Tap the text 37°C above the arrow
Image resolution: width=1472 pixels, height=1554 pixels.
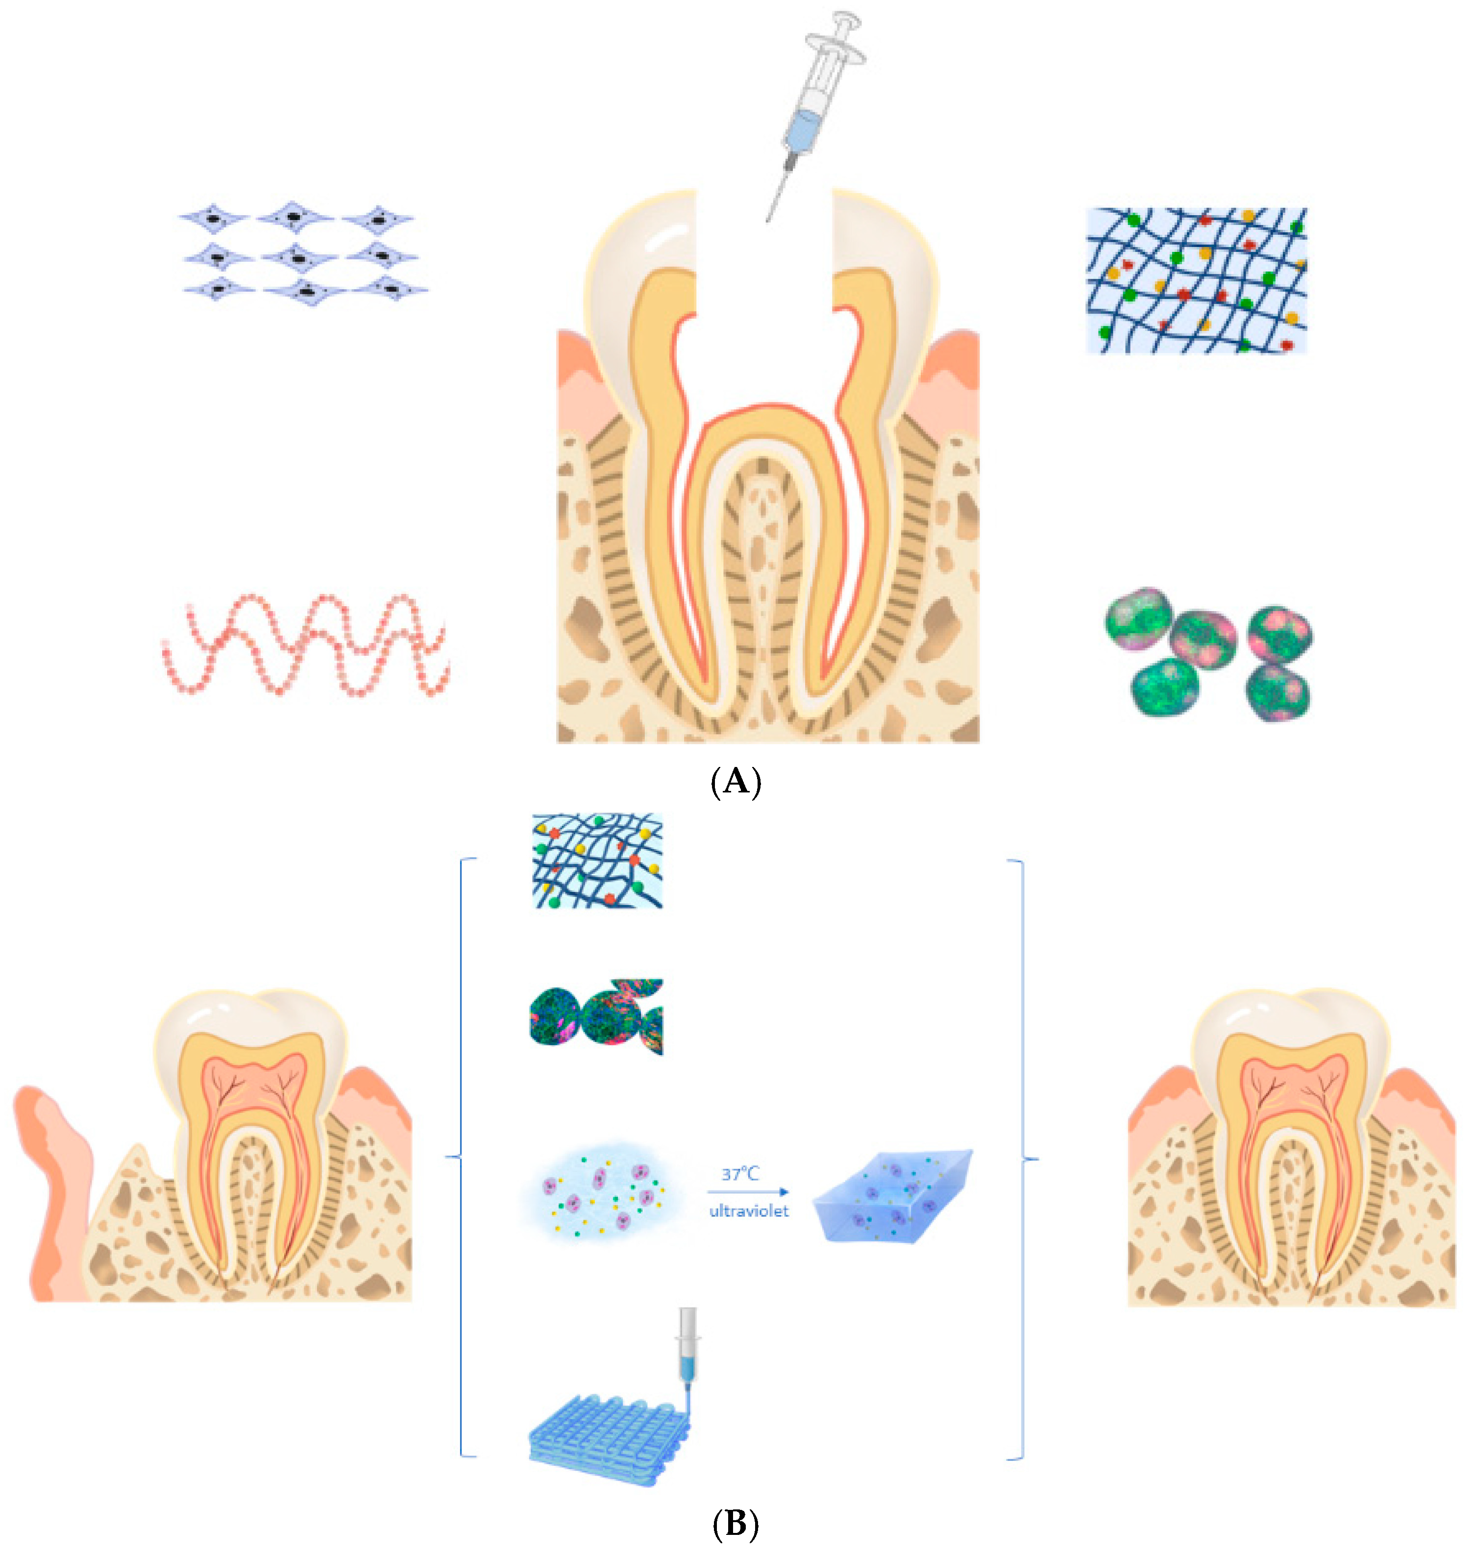click(740, 1174)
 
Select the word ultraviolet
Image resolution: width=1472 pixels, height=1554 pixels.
click(749, 1211)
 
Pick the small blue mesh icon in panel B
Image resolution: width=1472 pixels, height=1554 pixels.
click(598, 861)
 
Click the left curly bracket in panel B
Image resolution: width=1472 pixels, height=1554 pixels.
click(463, 1158)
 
